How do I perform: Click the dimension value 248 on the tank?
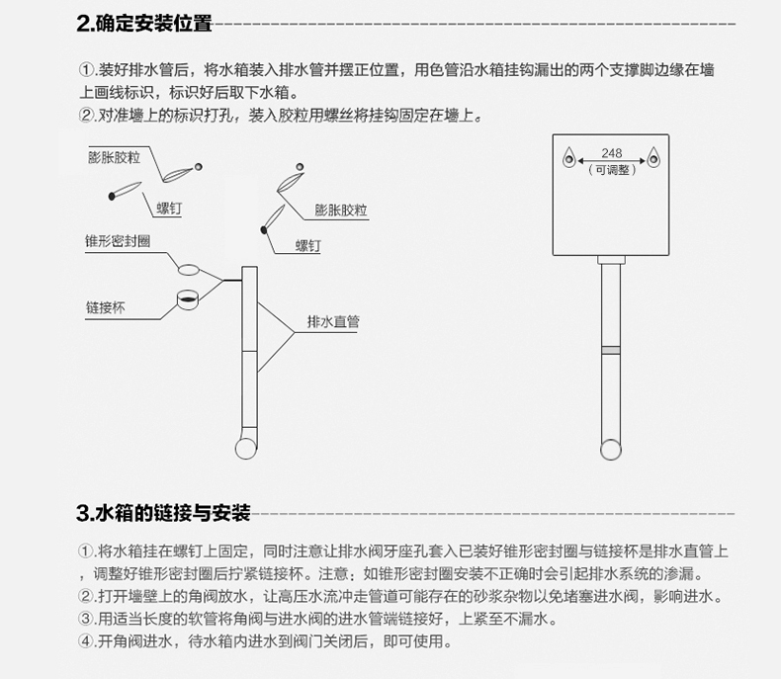pos(612,154)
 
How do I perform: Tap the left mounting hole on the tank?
pos(571,156)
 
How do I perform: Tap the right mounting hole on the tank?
pos(652,156)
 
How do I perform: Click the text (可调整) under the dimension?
pos(612,170)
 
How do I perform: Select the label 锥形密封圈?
pos(118,241)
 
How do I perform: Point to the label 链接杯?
pos(106,306)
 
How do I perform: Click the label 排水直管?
pos(333,322)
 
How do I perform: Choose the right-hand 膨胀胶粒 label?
pos(341,211)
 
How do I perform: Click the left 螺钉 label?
pos(170,209)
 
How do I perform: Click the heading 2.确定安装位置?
pos(144,25)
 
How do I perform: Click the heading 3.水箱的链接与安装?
pos(164,513)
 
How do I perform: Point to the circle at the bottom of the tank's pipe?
pos(612,450)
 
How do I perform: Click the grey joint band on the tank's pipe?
pos(612,348)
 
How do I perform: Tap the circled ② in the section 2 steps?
pos(86,116)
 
